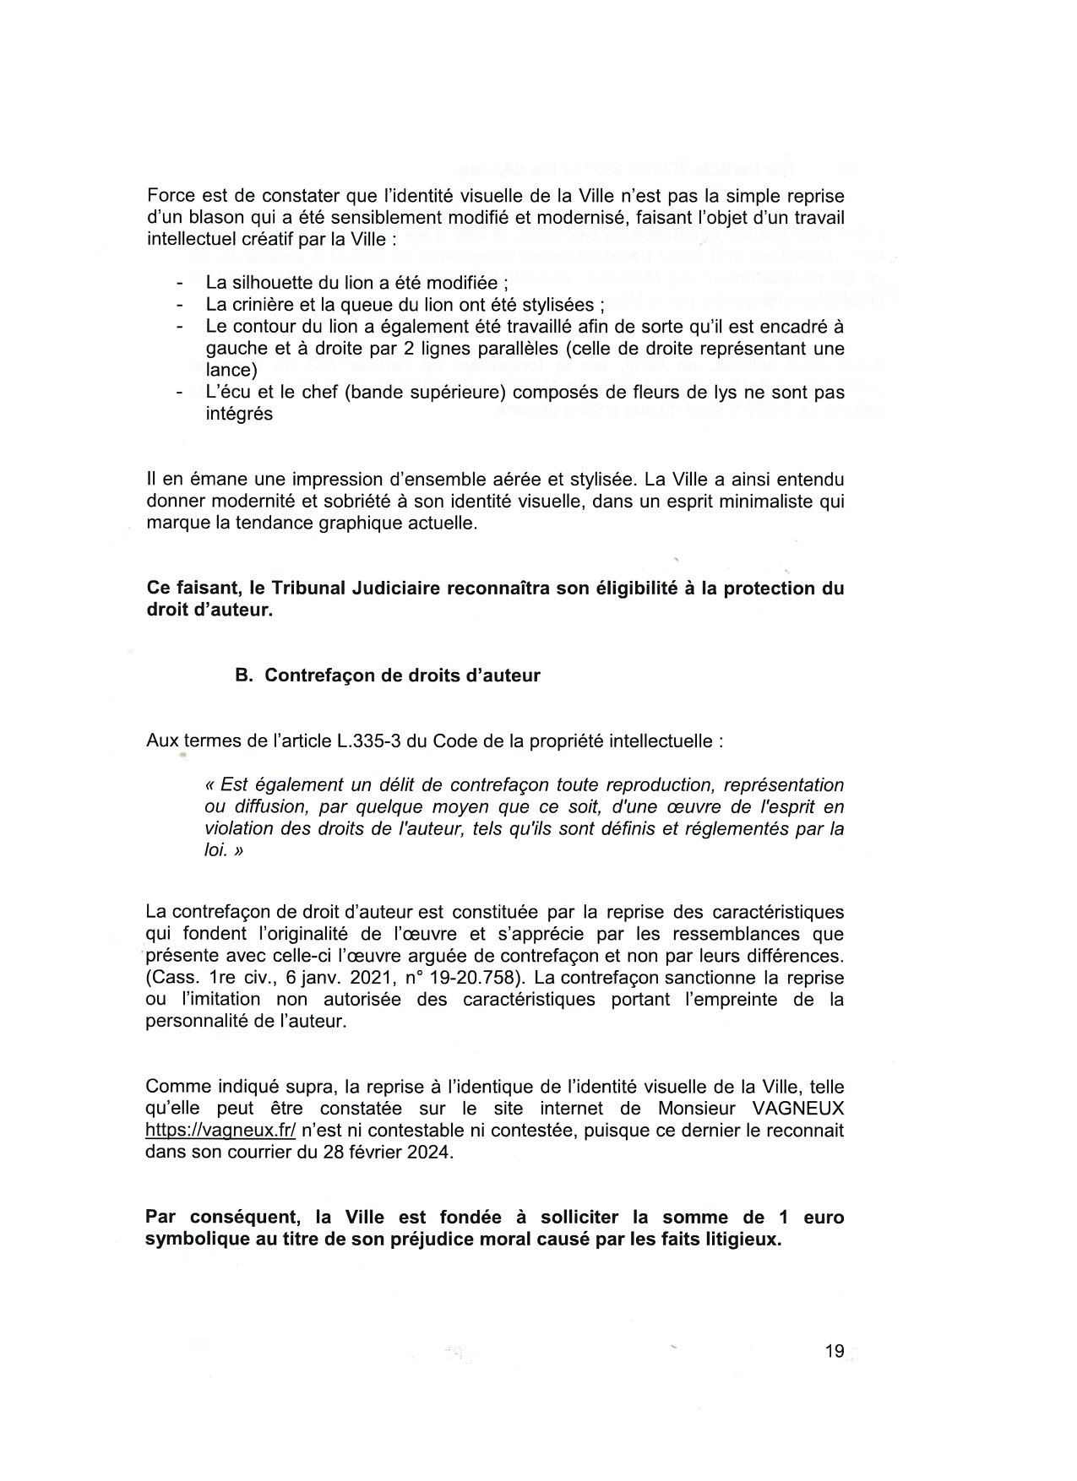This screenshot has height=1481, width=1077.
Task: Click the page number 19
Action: click(x=835, y=1352)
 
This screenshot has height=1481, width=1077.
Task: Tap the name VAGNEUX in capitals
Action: click(x=797, y=1109)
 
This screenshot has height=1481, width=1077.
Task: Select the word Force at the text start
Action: click(x=171, y=196)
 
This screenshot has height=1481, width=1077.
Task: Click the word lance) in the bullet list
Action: click(x=231, y=370)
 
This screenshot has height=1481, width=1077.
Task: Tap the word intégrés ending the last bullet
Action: click(x=239, y=415)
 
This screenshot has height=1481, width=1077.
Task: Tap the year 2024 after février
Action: click(x=430, y=1153)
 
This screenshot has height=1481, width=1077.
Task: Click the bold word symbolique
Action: click(x=199, y=1240)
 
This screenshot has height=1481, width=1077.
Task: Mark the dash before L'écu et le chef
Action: click(x=180, y=393)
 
